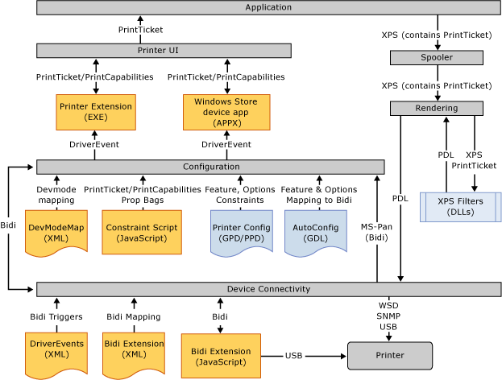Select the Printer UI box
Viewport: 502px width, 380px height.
(x=164, y=50)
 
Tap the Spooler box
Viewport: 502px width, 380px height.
(x=436, y=58)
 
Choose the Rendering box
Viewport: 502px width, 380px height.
(x=436, y=108)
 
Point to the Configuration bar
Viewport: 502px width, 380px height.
(x=199, y=166)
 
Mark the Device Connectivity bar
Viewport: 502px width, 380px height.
(x=269, y=289)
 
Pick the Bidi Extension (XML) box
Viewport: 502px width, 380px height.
(x=134, y=349)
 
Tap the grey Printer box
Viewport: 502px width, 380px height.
(x=389, y=356)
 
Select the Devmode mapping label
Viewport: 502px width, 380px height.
(x=56, y=194)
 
